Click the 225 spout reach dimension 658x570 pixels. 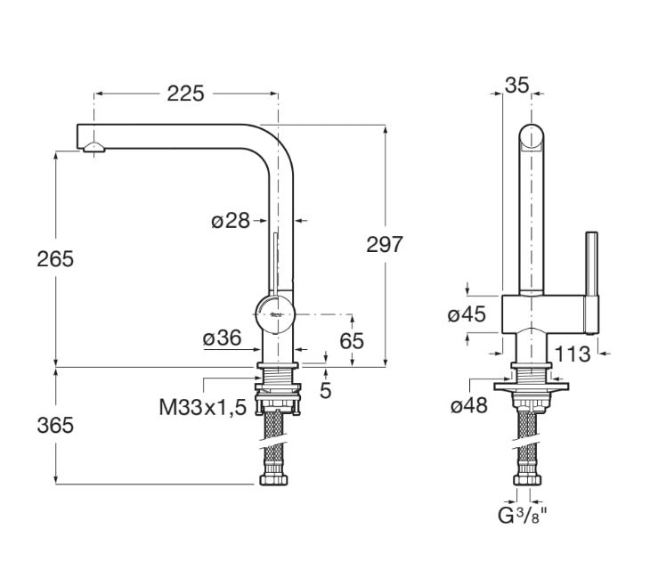tap(186, 93)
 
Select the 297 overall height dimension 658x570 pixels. tap(385, 245)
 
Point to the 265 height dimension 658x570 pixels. tap(55, 259)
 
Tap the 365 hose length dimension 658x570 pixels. tap(55, 425)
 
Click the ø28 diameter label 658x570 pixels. tap(230, 220)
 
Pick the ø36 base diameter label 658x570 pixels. tap(222, 338)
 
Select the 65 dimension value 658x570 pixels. tap(353, 340)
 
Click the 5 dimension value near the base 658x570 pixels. tap(326, 389)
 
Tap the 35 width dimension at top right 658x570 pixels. tap(516, 85)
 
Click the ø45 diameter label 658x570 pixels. tap(466, 314)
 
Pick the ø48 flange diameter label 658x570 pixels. tap(469, 405)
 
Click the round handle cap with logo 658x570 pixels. tap(274, 313)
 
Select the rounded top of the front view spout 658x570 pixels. tap(531, 138)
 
